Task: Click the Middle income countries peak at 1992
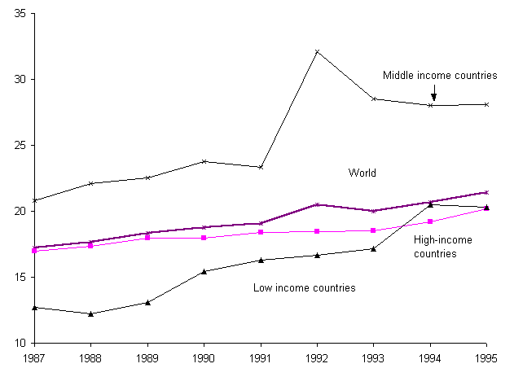[317, 51]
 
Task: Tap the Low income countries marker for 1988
[90, 313]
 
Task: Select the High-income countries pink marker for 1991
[261, 232]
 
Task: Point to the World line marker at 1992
[317, 204]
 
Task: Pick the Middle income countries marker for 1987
[34, 200]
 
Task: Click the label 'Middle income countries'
[440, 75]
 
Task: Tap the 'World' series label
[362, 173]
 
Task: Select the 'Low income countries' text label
[305, 287]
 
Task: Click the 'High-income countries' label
[443, 247]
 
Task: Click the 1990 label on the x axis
[204, 357]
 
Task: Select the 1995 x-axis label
[486, 357]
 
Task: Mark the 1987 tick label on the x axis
[34, 357]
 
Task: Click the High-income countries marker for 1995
[486, 209]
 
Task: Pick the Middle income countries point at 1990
[204, 161]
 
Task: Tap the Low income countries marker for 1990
[204, 271]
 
